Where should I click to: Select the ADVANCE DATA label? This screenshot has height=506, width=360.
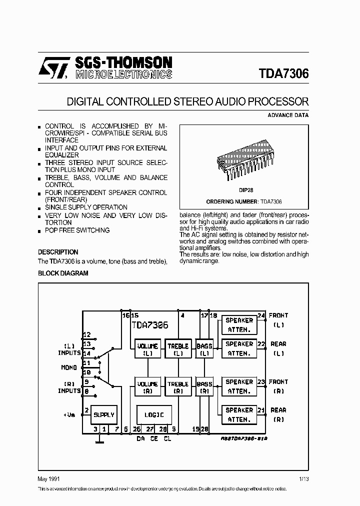coord(288,115)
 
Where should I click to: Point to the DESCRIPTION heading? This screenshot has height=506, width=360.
coord(58,252)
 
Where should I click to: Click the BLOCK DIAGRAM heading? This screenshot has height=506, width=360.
coord(63,273)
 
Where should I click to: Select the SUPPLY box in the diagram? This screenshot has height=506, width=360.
coord(104,414)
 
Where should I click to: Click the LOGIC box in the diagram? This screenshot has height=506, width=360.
coord(154,414)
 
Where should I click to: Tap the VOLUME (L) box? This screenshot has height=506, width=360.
coord(147,349)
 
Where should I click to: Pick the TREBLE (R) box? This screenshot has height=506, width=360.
coord(177,387)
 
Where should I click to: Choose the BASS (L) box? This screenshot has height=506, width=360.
coord(204,349)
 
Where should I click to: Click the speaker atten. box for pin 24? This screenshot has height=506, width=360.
coord(238,324)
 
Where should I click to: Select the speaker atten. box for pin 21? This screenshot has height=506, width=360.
coord(238,415)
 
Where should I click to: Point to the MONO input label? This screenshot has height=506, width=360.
coord(69,367)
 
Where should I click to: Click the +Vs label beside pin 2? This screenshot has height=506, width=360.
coord(69,415)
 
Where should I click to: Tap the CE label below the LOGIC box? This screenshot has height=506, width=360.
coord(154,439)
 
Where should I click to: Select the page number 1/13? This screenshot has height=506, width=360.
coord(303,478)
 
